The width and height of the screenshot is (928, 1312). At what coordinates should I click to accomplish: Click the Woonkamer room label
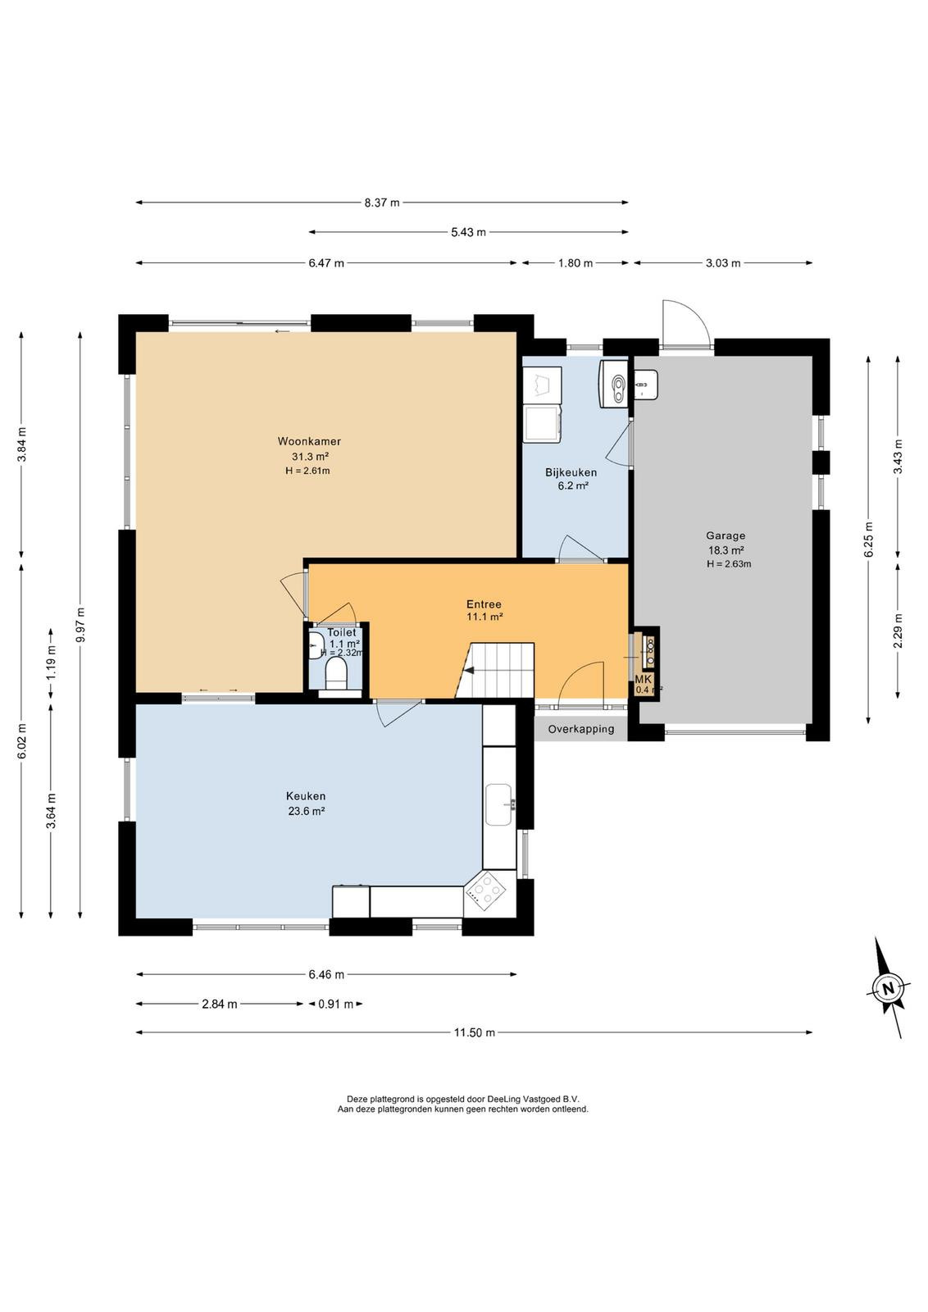(309, 441)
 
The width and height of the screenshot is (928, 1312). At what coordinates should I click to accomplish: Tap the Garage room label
(726, 535)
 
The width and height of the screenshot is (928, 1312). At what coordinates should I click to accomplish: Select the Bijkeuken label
(571, 472)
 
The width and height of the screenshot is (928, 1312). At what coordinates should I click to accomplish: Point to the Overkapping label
(580, 729)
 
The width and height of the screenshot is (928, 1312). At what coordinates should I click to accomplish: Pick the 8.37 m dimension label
(382, 203)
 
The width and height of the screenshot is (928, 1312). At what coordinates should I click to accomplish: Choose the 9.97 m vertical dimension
(80, 624)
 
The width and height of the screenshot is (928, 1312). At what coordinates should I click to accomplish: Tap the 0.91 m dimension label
(335, 1004)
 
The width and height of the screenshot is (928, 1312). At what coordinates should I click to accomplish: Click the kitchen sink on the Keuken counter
(499, 804)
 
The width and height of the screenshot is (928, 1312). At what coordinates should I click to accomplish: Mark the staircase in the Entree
(494, 670)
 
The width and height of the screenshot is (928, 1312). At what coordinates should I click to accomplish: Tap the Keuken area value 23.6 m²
(307, 811)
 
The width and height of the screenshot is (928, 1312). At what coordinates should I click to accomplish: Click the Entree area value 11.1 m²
(484, 617)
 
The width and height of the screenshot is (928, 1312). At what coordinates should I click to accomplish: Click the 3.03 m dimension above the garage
(722, 263)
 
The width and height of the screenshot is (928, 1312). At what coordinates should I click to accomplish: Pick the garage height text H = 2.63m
(728, 564)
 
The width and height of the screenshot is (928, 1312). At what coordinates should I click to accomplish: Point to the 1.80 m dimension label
(575, 263)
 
